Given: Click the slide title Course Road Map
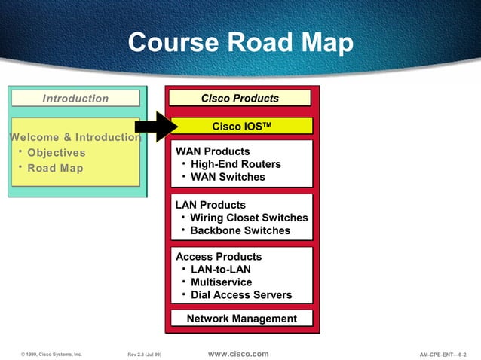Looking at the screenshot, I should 240,42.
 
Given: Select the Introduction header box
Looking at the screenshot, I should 75,99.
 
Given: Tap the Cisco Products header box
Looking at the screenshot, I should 240,99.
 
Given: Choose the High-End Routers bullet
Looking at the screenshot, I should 235,164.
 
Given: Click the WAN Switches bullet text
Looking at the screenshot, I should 228,177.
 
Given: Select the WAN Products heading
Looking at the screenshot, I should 213,151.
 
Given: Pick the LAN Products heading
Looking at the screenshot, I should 210,205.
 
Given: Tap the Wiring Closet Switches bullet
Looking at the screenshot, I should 249,218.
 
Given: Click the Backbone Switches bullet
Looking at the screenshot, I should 240,230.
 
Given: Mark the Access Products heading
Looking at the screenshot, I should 219,257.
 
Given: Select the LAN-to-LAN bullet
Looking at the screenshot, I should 221,270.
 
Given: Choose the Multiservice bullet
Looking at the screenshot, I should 222,282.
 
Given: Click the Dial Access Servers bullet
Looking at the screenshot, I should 241,295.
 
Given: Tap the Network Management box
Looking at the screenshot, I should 241,319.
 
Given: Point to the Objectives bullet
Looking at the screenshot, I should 56,153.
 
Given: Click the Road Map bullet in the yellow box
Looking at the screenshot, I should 55,168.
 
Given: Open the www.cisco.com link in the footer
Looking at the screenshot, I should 237,354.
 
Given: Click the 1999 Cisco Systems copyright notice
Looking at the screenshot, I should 52,354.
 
